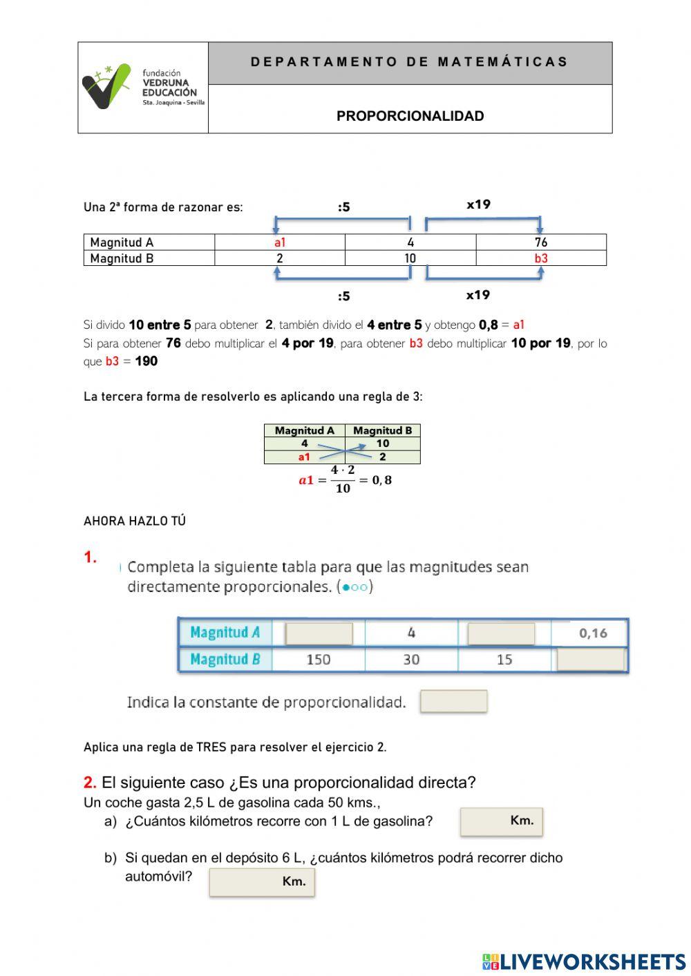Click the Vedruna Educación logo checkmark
106,86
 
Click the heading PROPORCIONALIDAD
410,116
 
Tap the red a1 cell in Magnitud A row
279,242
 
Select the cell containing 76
540,242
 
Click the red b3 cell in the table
540,258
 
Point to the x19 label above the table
478,204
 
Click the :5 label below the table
343,296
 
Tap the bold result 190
146,361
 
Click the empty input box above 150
319,633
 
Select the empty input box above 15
501,633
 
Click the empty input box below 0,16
591,660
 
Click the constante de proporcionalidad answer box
453,701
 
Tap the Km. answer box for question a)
501,821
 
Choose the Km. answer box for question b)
262,882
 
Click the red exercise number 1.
91,557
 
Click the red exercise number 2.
90,783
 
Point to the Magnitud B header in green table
382,430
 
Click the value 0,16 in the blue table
593,633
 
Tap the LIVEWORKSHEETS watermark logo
584,961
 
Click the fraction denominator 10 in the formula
343,488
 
